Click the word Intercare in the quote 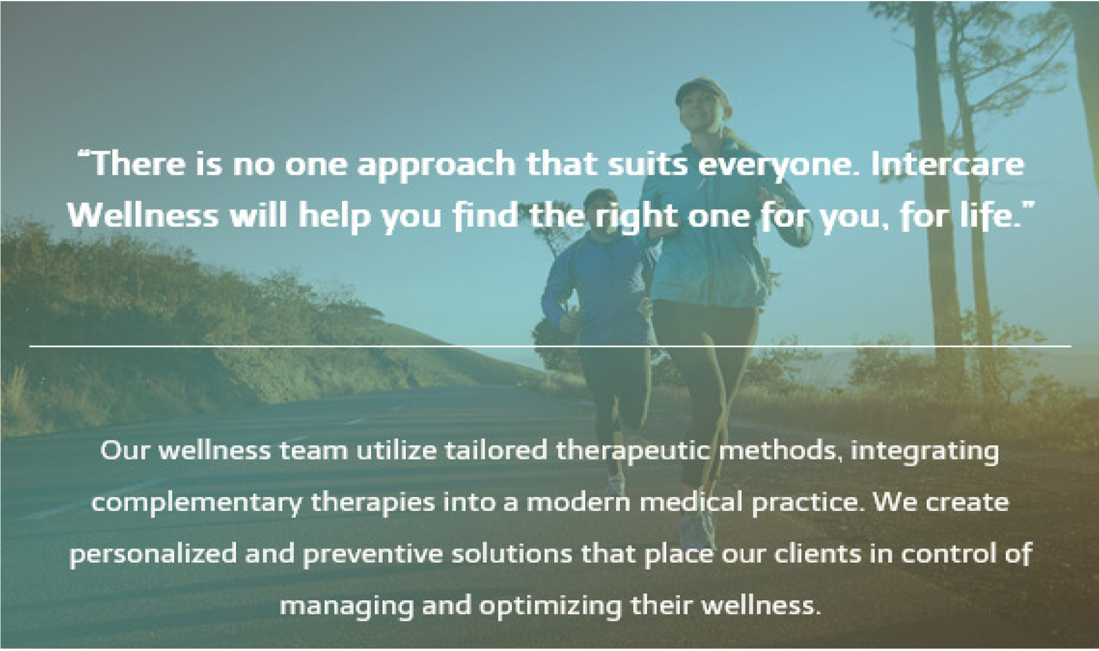click(x=948, y=164)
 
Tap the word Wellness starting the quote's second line click(x=143, y=216)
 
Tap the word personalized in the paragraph click(x=153, y=554)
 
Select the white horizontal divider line click(x=550, y=346)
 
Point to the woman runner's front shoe click(x=697, y=532)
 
